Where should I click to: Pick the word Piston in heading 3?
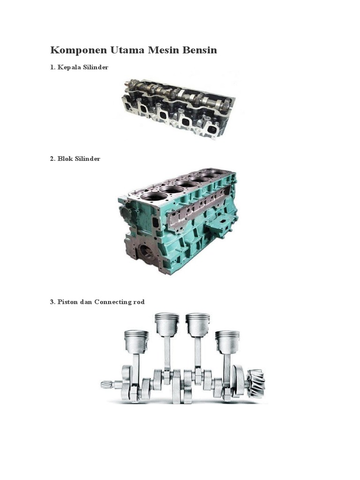click(x=67, y=302)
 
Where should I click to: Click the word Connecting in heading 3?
click(x=112, y=302)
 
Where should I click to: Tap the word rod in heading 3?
click(x=139, y=302)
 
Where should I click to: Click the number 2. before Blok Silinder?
click(x=52, y=158)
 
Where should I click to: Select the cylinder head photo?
click(x=179, y=109)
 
